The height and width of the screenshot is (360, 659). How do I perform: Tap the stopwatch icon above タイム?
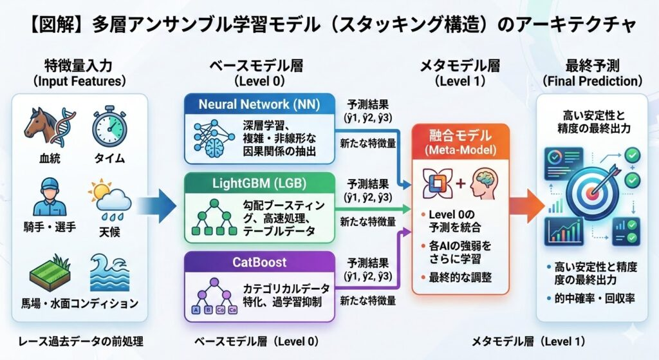pos(109,126)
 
